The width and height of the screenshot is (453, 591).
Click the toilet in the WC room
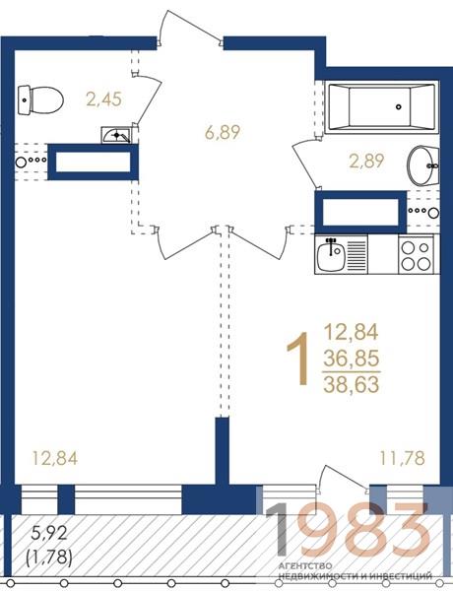click(40, 100)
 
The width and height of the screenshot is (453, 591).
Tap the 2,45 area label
click(103, 99)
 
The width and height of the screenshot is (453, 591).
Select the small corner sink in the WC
click(116, 135)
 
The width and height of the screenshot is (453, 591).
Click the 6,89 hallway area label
click(223, 132)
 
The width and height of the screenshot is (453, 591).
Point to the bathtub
click(381, 106)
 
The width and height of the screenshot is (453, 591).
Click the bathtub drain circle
click(399, 106)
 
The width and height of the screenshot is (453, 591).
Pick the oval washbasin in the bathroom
click(422, 165)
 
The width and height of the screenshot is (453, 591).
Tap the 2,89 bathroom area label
click(366, 162)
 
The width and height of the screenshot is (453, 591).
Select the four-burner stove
click(418, 254)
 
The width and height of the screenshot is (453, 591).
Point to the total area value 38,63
click(352, 384)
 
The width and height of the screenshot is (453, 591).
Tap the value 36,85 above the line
click(352, 359)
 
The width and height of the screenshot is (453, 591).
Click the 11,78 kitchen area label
click(403, 458)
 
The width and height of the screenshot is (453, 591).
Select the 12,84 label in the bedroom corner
click(55, 458)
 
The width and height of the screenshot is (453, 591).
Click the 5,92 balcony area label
click(49, 533)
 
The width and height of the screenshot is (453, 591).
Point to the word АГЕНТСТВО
click(305, 566)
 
